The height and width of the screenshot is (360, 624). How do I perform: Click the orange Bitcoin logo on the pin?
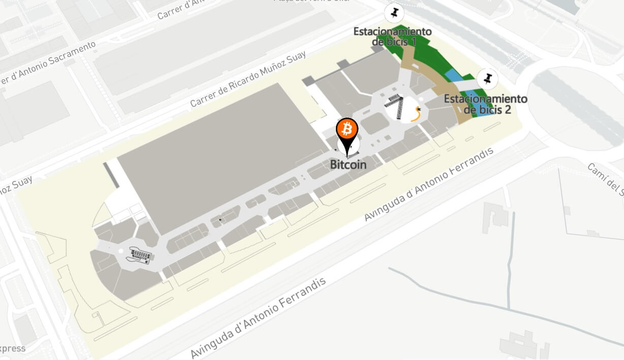tap(348, 129)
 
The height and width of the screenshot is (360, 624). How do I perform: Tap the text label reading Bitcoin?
tap(348, 164)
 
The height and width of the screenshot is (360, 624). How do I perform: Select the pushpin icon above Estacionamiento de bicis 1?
tap(394, 13)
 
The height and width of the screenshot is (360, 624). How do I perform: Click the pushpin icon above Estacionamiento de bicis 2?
tap(487, 79)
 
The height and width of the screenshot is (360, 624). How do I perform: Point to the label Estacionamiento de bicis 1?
tap(393, 36)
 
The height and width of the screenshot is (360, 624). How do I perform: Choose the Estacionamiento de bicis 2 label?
tap(485, 103)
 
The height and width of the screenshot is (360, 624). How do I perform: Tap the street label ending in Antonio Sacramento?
tap(48, 63)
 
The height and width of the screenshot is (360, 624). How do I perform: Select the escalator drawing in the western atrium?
tap(141, 255)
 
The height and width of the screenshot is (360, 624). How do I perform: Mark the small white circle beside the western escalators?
tap(121, 251)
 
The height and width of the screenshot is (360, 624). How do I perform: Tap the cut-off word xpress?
tap(13, 349)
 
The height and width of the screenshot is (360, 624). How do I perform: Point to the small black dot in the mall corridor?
tap(220, 220)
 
